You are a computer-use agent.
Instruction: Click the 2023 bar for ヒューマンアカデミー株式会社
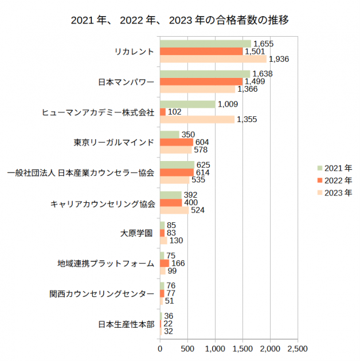coord(197,119)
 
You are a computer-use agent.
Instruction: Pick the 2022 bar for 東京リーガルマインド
coord(177,142)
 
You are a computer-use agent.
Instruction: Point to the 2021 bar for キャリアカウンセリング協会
coord(171,195)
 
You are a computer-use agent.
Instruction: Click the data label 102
coord(174,112)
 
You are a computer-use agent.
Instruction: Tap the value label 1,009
coord(228,104)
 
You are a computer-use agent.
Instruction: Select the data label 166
coord(178,264)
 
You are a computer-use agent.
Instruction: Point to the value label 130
coord(176,241)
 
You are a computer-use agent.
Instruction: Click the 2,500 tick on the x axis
coord(297,348)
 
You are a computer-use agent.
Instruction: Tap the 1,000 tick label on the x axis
coord(215,348)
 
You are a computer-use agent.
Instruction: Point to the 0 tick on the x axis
coord(160,348)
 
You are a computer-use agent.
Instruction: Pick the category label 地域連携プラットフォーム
coord(106,264)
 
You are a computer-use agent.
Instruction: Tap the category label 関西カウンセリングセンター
coord(102,294)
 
